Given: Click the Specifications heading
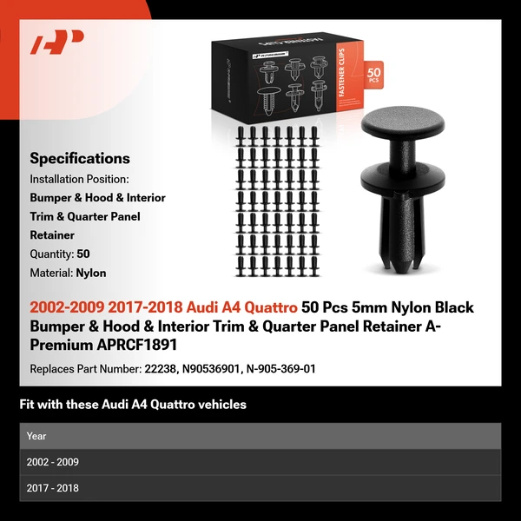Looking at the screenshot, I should (80, 158).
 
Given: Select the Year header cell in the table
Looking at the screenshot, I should (36, 436).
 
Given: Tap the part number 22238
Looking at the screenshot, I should (160, 369).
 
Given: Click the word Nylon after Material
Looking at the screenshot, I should (90, 273).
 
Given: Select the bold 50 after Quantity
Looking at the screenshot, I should (83, 254).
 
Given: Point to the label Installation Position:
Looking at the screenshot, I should (79, 178).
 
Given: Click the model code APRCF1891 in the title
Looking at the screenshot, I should (126, 344).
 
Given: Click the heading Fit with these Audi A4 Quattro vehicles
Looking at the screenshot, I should (133, 404).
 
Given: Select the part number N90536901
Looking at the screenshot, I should (210, 369).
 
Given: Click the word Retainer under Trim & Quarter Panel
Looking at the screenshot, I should (52, 234).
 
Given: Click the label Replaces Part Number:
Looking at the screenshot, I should (85, 369).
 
